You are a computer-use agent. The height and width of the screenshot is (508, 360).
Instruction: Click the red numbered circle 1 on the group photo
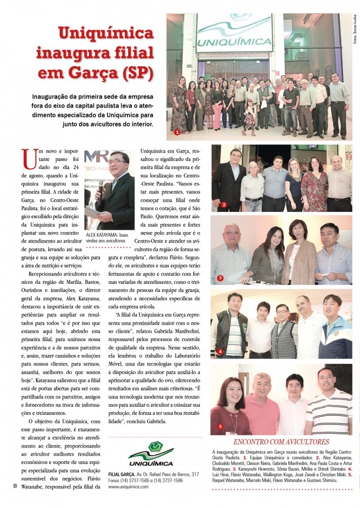(177, 131)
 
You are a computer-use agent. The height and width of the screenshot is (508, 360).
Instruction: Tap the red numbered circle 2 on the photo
(224, 204)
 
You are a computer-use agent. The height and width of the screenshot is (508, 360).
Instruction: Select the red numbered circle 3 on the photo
(220, 278)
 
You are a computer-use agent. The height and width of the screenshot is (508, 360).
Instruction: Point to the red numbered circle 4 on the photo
(220, 351)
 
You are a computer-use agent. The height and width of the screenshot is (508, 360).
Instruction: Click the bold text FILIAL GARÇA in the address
(120, 474)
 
